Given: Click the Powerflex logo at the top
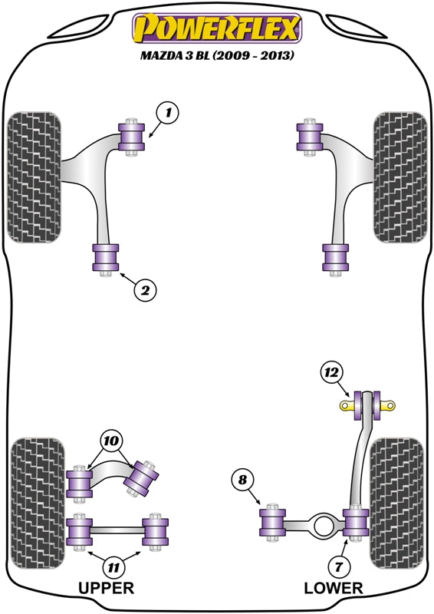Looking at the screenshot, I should click(218, 29).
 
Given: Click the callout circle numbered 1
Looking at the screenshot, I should click(168, 114).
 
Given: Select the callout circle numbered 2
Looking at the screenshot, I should click(145, 290).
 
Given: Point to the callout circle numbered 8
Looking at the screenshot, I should click(242, 480).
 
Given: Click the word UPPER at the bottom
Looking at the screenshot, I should click(106, 589).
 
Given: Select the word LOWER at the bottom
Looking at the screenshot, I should click(333, 589).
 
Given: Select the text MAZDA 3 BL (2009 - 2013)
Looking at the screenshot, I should click(218, 56).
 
